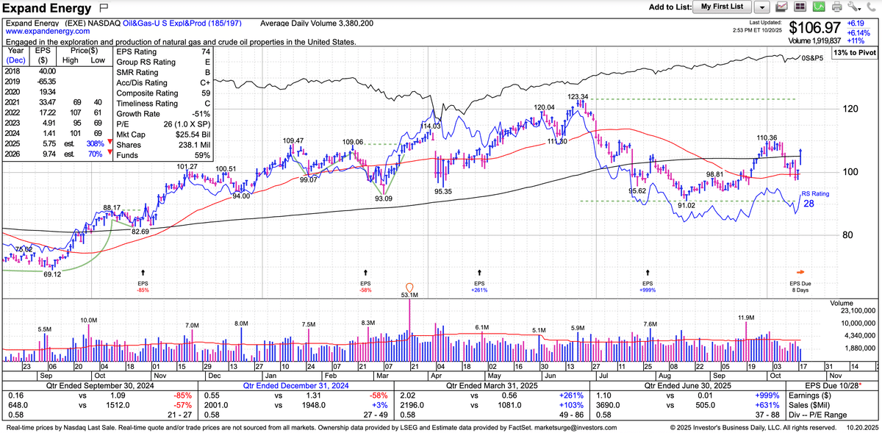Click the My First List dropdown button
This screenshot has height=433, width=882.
coord(723,7)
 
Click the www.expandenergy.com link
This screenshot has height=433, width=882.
coord(48,32)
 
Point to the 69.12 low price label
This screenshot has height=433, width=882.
coord(51,274)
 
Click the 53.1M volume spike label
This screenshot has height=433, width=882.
coord(410,295)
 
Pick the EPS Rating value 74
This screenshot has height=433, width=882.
coord(206,52)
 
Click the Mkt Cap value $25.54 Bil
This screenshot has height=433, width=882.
coord(196,135)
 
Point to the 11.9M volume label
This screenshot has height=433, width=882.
coord(746,318)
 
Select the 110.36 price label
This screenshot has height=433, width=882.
coord(767,137)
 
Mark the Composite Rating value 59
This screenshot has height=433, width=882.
coord(206,93)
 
